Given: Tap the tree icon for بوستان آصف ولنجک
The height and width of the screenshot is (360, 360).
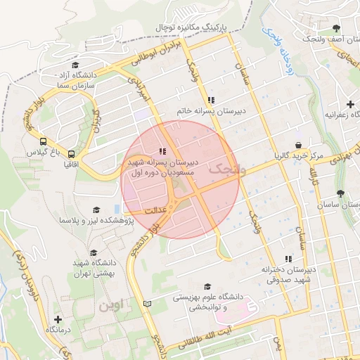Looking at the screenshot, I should (336, 28).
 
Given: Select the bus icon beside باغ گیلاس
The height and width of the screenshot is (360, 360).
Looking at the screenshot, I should (44, 141).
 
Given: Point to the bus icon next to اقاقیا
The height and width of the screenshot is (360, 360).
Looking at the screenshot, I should (71, 154).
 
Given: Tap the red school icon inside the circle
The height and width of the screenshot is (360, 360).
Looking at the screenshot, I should (162, 150).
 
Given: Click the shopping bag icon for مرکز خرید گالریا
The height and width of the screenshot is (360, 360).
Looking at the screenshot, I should (299, 146).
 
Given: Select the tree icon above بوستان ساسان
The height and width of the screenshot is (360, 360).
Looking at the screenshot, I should (340, 193).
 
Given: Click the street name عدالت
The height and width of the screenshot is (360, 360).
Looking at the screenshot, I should (154, 211).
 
